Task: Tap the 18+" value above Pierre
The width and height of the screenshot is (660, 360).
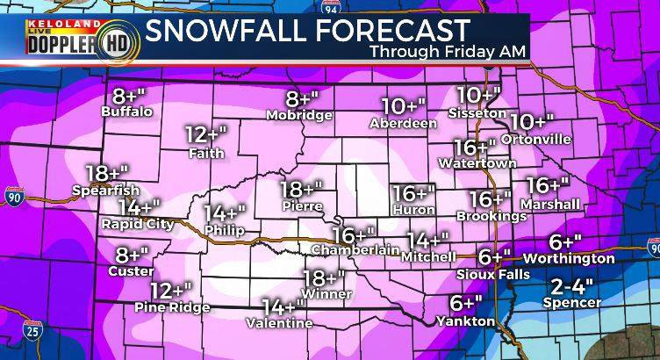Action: [x=301, y=188]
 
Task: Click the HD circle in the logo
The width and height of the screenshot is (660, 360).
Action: [x=111, y=40]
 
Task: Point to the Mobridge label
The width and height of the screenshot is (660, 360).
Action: [x=301, y=115]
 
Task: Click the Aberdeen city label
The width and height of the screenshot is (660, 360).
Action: [x=404, y=123]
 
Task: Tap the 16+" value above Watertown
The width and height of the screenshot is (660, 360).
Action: [x=475, y=147]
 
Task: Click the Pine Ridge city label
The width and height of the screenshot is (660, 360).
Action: [x=173, y=306]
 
